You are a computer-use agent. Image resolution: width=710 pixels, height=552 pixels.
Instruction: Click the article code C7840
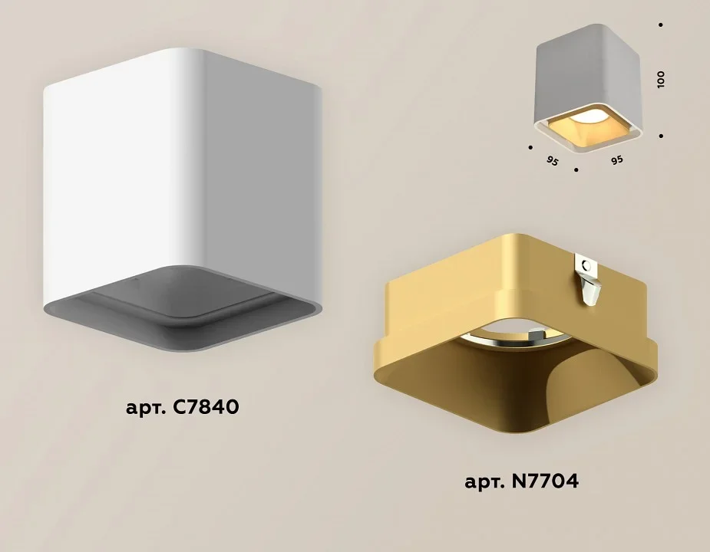206,407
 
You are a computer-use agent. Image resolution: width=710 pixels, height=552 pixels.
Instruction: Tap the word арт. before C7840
146,408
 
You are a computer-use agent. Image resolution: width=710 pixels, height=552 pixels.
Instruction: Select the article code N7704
545,481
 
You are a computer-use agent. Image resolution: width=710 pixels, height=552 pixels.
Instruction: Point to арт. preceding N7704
485,482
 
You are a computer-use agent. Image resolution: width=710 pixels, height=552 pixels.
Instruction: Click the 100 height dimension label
661,79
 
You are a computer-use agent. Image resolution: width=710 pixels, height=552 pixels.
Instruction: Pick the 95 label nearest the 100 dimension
616,159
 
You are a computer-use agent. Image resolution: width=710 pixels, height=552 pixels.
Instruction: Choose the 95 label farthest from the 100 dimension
552,160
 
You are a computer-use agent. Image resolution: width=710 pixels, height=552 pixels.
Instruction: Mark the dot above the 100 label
661,25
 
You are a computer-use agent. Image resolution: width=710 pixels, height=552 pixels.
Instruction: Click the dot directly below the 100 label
662,136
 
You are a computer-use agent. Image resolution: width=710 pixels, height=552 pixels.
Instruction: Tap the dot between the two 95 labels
576,170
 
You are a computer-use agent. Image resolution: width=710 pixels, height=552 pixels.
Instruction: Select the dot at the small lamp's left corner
530,147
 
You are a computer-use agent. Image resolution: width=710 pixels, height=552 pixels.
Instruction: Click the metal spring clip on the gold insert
588,280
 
